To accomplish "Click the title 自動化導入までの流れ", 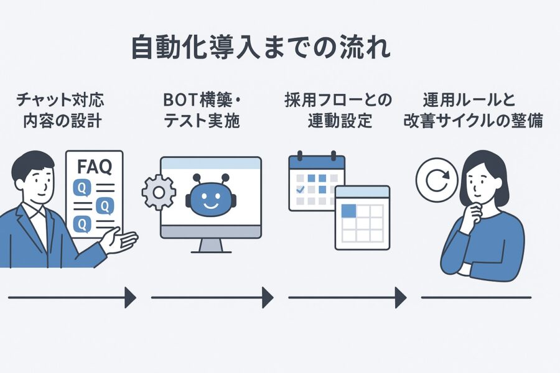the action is (261, 47).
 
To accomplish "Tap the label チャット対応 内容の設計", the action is (61, 110).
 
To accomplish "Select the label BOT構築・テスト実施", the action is (202, 110).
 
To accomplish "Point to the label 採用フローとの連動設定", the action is (338, 110).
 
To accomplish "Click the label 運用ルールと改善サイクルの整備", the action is (474, 110).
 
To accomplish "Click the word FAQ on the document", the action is (95, 167).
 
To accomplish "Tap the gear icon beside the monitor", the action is (159, 192).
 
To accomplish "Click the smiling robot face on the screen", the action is (211, 198).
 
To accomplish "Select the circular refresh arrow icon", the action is (437, 180).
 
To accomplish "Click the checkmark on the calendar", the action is (301, 189).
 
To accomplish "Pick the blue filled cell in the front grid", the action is (349, 211).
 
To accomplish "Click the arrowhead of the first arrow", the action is (131, 297).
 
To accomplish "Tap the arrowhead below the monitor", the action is (268, 297).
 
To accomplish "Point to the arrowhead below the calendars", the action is (401, 297).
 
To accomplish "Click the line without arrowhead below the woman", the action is (476, 297).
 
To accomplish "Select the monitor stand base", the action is (211, 252).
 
